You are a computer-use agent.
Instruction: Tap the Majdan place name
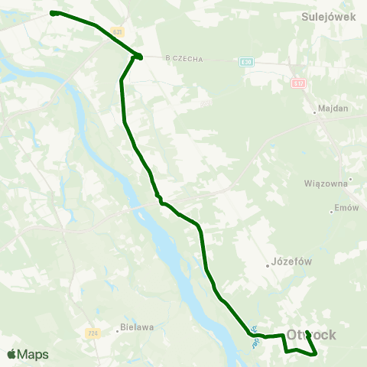coord(333,109)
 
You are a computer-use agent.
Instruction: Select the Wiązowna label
coord(326,183)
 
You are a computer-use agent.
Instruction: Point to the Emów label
coord(346,208)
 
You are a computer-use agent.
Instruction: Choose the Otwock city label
coord(320,335)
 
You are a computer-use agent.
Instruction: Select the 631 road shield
coord(116,31)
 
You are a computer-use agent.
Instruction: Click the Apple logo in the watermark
coord(11,355)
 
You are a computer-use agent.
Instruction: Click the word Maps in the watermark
coord(33,355)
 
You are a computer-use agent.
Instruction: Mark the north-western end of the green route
coord(52,12)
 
